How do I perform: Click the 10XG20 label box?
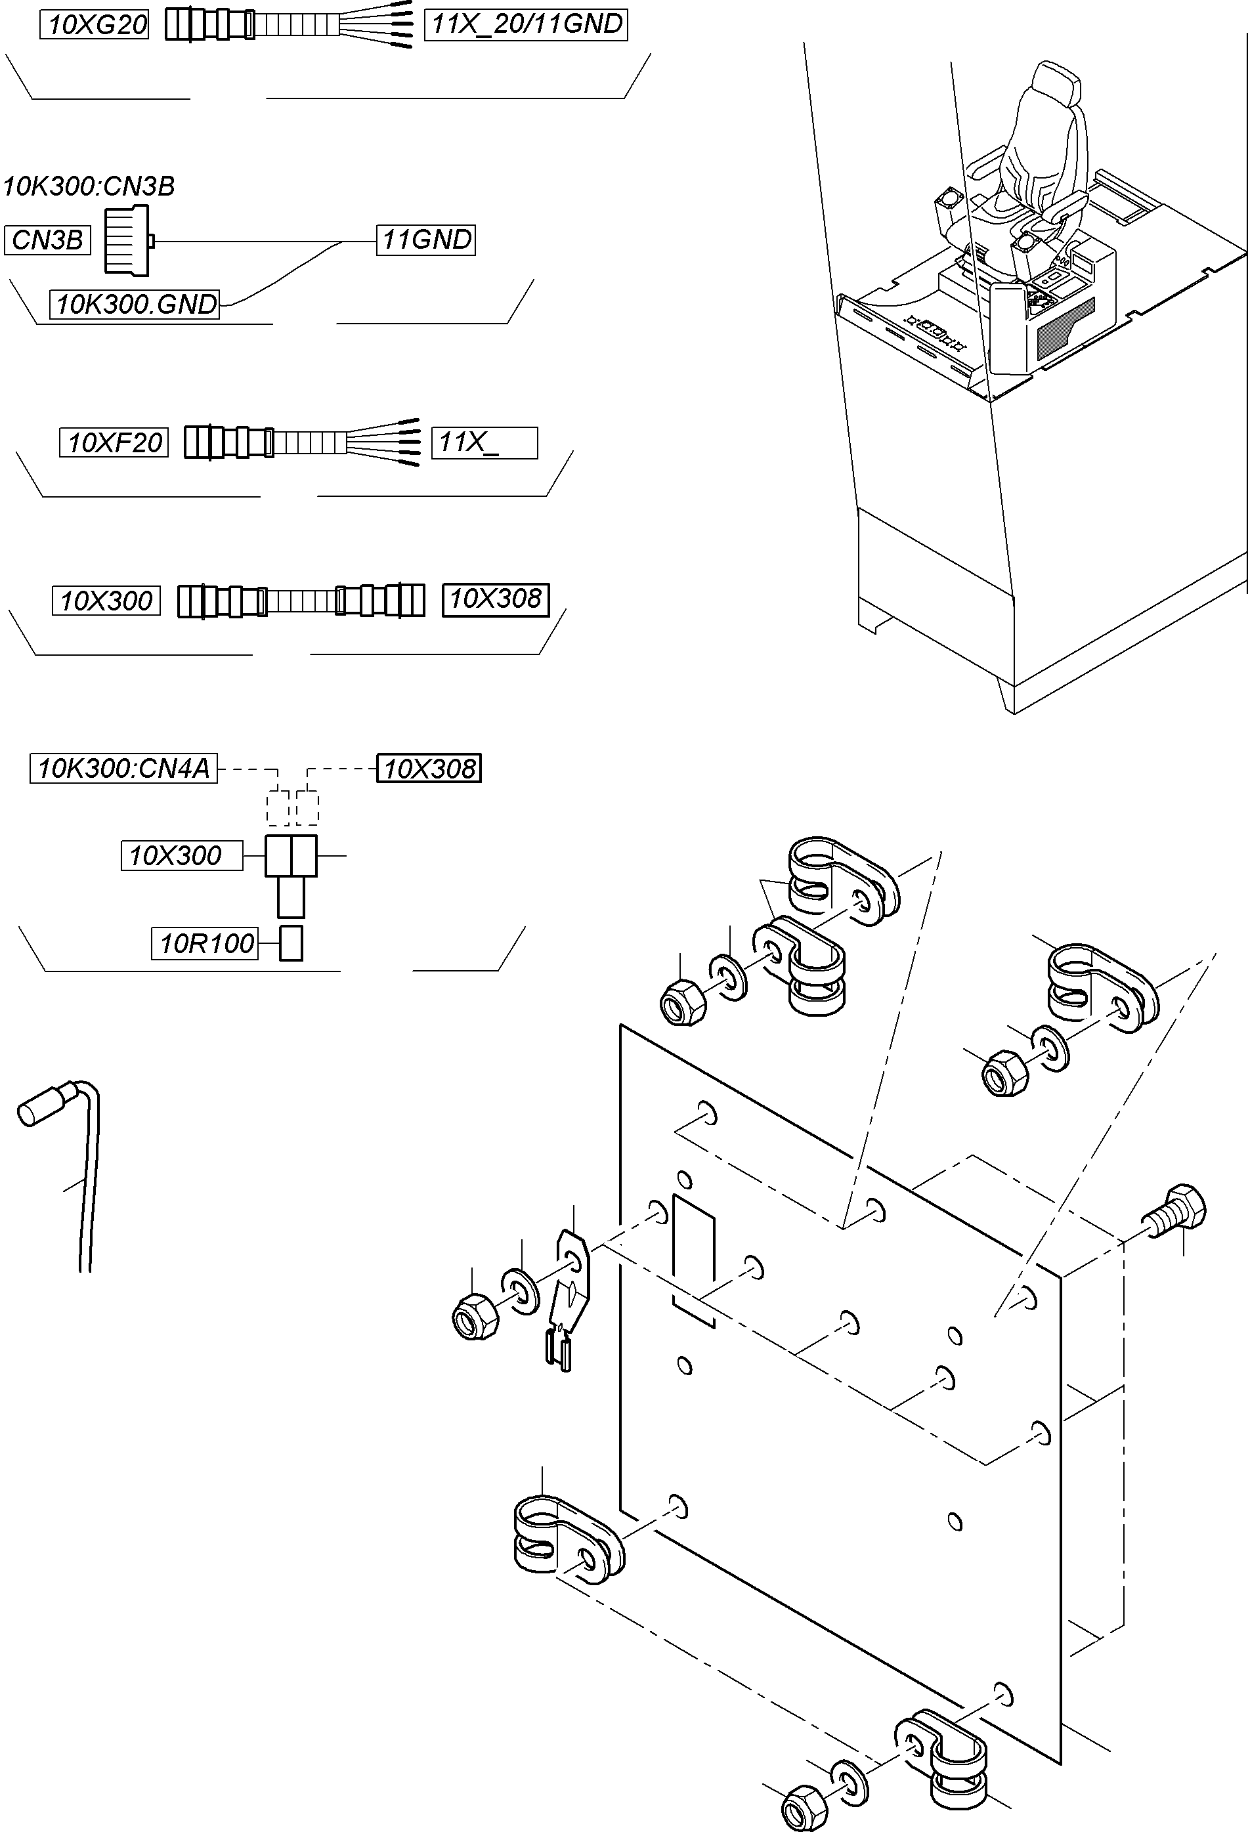pos(95,25)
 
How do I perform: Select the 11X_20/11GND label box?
pos(526,24)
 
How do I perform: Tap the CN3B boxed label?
pos(47,240)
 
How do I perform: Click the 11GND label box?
pos(425,240)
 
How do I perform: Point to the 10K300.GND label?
pos(135,305)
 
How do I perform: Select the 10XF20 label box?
pos(114,443)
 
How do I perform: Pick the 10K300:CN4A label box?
pos(124,769)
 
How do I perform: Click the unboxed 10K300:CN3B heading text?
pos(88,187)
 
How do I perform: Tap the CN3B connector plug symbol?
pos(129,241)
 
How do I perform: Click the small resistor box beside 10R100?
pos(291,944)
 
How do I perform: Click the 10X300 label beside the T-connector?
pos(181,855)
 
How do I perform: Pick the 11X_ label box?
pos(484,443)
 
